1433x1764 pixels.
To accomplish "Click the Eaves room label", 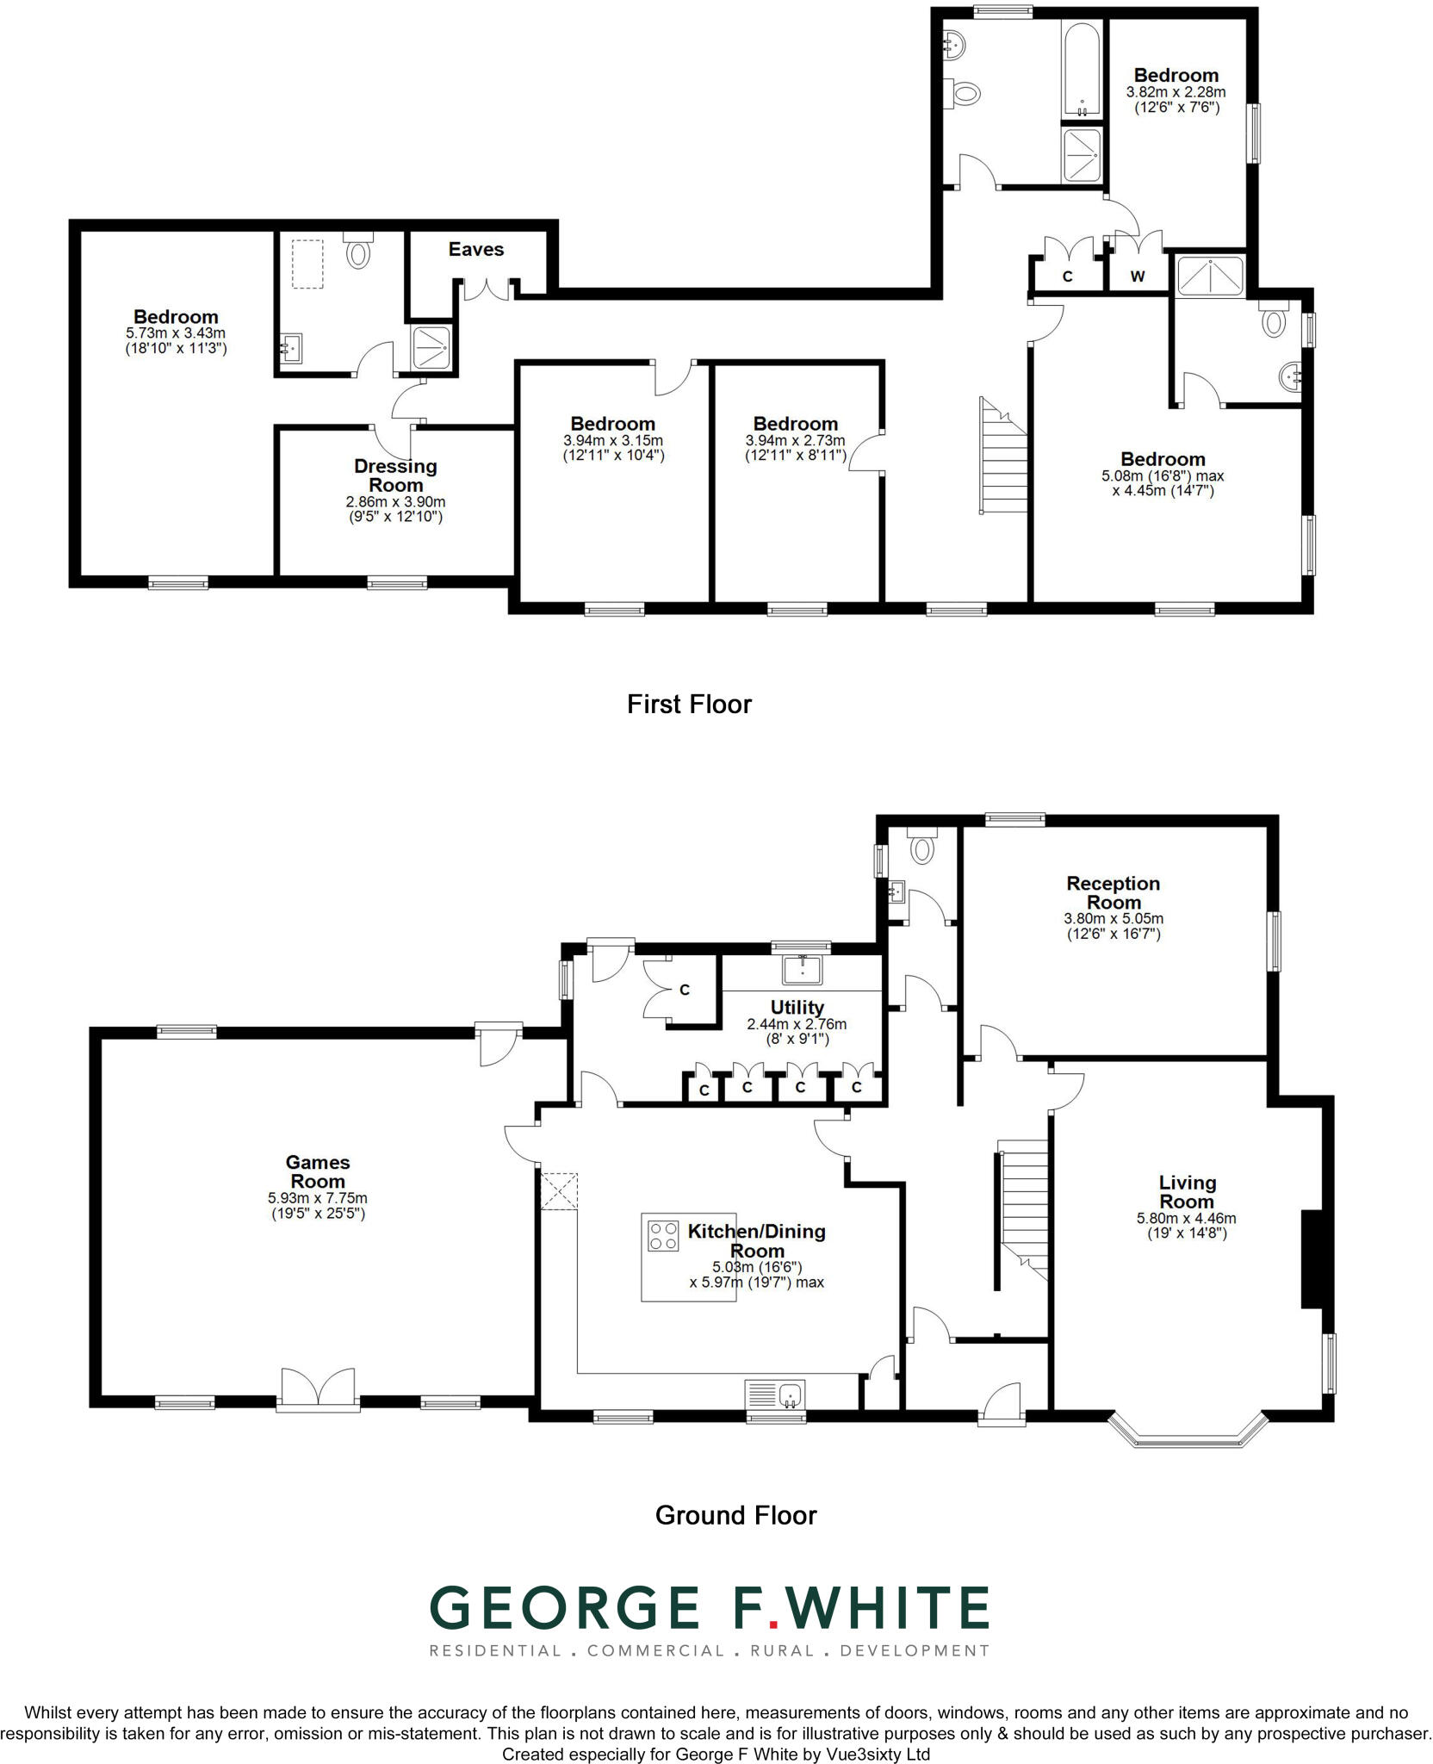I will click(x=475, y=250).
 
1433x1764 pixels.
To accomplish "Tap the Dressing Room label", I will click(x=395, y=475).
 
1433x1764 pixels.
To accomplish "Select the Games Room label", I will click(x=317, y=1172).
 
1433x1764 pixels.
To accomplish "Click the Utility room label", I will click(x=797, y=1007).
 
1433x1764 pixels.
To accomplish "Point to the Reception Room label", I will click(x=1113, y=892).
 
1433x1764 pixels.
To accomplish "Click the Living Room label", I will click(x=1187, y=1192).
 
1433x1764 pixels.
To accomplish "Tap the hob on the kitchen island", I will click(x=663, y=1236).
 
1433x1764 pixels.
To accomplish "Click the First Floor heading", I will click(x=689, y=705).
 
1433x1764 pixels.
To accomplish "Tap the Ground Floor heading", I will click(x=735, y=1515).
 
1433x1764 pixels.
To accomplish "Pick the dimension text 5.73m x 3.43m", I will click(x=176, y=332).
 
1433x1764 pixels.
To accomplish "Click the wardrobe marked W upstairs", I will click(x=1137, y=276).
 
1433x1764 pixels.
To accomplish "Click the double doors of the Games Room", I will click(x=318, y=1388).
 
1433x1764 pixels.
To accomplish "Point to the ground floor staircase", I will click(x=1023, y=1206).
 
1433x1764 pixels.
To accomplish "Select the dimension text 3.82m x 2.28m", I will click(x=1176, y=92).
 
